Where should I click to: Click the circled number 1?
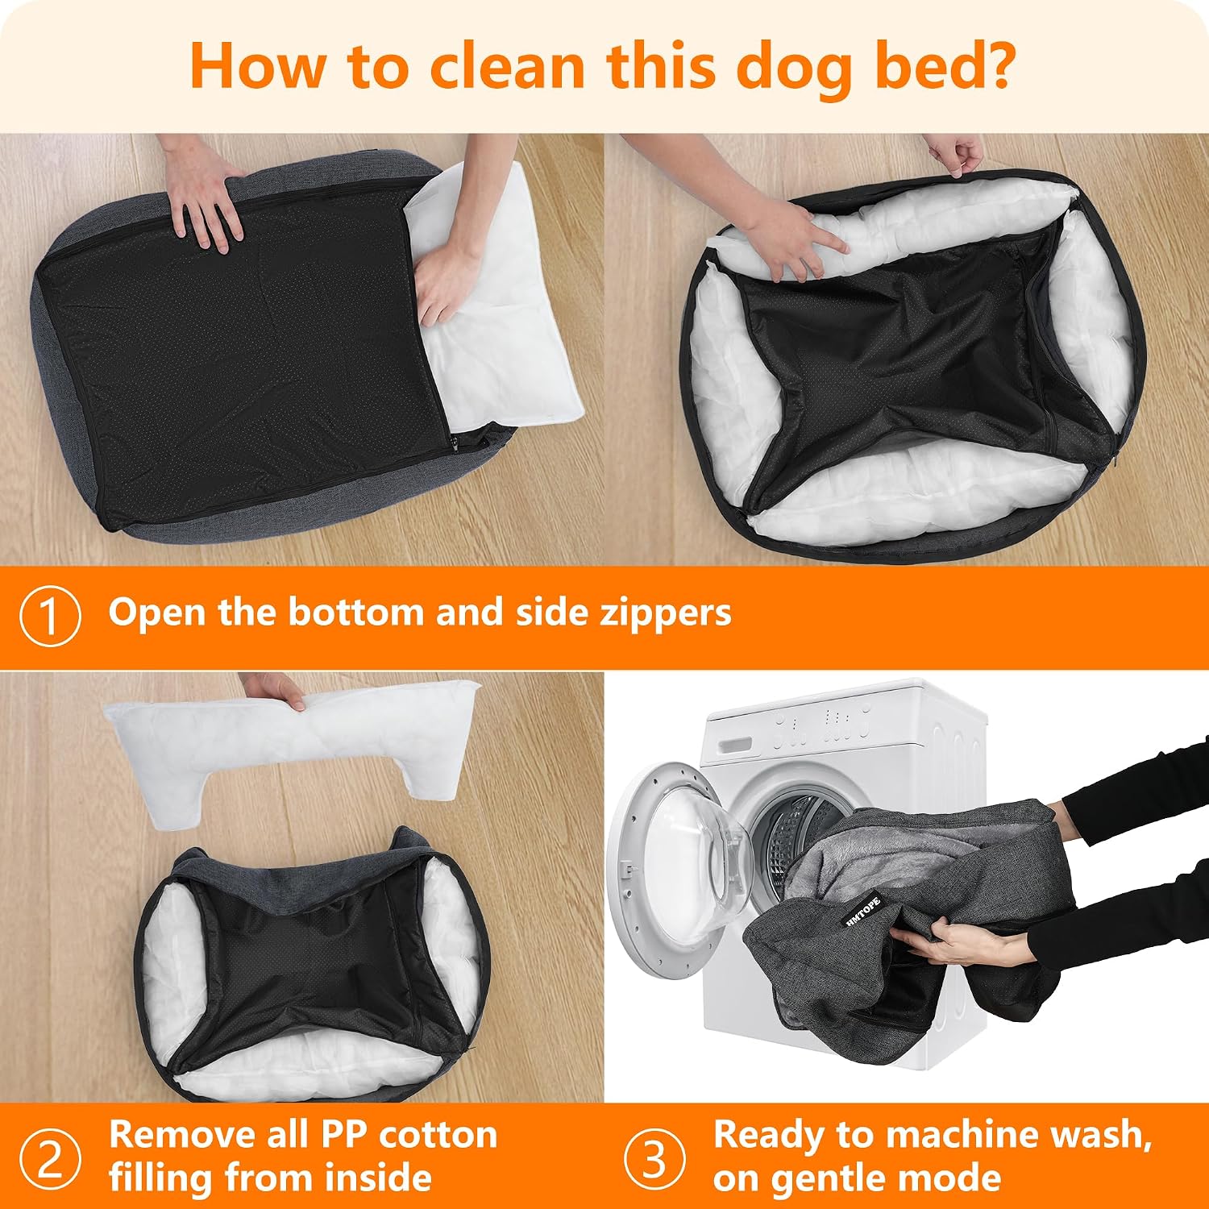point(50,617)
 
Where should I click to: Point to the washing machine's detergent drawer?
point(735,743)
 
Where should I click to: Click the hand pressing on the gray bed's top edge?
point(204,193)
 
